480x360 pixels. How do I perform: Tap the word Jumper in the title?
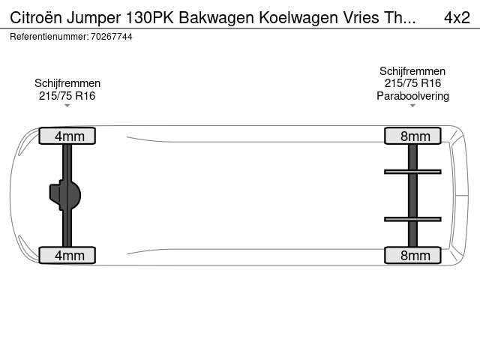(x=94, y=18)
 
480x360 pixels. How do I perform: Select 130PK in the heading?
(x=150, y=18)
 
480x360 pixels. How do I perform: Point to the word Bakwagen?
(x=217, y=18)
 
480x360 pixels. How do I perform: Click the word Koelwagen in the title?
(x=298, y=18)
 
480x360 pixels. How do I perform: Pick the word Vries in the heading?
(x=358, y=18)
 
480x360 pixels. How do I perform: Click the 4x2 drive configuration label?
(x=457, y=18)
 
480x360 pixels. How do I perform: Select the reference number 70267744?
(x=112, y=37)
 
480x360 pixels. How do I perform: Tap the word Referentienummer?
(x=49, y=37)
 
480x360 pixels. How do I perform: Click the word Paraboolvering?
(x=412, y=96)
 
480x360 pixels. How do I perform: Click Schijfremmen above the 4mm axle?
(x=67, y=83)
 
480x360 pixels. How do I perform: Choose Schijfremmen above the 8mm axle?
(x=412, y=71)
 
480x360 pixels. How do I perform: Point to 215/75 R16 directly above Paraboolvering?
(x=412, y=83)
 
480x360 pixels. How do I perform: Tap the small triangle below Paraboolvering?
(x=412, y=106)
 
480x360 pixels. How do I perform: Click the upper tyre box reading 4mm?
(x=67, y=136)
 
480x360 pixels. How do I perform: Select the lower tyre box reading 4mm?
(x=67, y=255)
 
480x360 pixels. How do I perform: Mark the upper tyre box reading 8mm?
(x=412, y=136)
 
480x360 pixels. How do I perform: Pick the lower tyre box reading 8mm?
(x=412, y=255)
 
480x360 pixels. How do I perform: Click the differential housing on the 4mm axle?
(x=65, y=195)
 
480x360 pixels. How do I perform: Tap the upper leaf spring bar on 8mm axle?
(x=412, y=172)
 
